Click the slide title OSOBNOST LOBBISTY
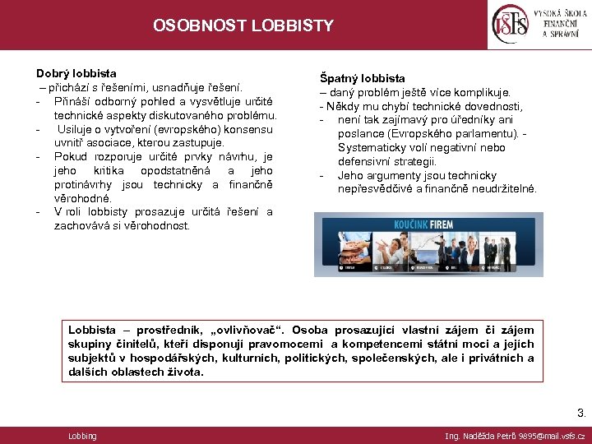(x=243, y=25)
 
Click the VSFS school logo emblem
(x=509, y=25)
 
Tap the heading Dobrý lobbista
(x=76, y=73)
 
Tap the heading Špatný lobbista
(x=363, y=78)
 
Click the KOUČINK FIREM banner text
(x=428, y=222)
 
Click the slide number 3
(x=581, y=414)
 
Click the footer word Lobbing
(x=82, y=436)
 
